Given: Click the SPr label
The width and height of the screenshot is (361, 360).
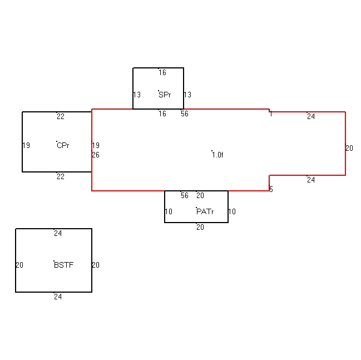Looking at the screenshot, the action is [x=165, y=95].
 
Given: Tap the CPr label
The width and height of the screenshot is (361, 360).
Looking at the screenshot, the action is [x=63, y=145].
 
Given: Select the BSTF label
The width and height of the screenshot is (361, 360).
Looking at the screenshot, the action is [x=64, y=265].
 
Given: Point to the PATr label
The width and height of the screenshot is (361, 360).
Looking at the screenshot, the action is [x=205, y=211].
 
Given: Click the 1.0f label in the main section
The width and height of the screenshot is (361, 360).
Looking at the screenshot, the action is [x=218, y=155].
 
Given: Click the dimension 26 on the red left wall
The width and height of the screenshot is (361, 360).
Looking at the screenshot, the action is [x=96, y=155].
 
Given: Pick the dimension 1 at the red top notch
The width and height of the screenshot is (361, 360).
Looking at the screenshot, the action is [x=271, y=114].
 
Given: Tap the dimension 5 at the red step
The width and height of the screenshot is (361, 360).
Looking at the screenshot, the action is [x=271, y=189].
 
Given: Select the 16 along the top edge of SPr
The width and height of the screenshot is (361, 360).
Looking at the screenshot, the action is [x=162, y=72].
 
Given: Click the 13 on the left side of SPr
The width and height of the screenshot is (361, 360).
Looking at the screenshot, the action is [x=137, y=95].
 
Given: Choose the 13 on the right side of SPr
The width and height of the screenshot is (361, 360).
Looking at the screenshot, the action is [x=187, y=95].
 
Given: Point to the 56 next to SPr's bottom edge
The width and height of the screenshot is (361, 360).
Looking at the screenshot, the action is [x=185, y=114].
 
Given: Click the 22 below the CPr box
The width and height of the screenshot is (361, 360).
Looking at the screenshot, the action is [x=61, y=176].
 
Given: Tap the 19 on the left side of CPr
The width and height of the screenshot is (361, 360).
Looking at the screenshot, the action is [x=26, y=145].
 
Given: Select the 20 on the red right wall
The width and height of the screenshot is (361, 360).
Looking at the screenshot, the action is [x=349, y=148].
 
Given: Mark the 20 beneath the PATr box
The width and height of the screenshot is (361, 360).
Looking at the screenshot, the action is [x=200, y=228].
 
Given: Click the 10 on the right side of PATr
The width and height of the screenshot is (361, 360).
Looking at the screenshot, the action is [x=232, y=211].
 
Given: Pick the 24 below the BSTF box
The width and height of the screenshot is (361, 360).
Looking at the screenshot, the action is [x=58, y=297].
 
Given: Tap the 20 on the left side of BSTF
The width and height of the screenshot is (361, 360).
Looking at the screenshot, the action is [x=19, y=265].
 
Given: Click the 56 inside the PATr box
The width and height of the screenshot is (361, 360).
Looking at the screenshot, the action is [x=185, y=195].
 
